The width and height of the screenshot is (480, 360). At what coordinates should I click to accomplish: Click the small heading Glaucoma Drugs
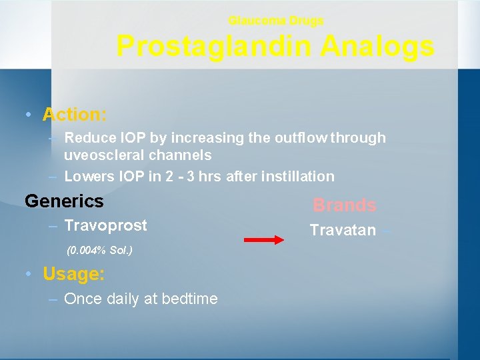276,21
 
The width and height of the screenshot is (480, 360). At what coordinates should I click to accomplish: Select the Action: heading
75,115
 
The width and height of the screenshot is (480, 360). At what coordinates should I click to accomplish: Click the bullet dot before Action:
26,115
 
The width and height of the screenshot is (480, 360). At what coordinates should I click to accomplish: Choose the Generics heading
64,201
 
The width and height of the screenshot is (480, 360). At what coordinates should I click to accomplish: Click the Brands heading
345,205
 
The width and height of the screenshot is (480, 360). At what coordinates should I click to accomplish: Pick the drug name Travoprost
105,225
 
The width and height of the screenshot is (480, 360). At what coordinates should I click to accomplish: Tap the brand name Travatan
343,231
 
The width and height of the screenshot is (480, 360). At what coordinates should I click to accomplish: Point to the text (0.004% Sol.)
99,251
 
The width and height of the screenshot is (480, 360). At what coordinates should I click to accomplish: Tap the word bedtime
188,299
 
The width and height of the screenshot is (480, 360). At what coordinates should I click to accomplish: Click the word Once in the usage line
81,299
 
